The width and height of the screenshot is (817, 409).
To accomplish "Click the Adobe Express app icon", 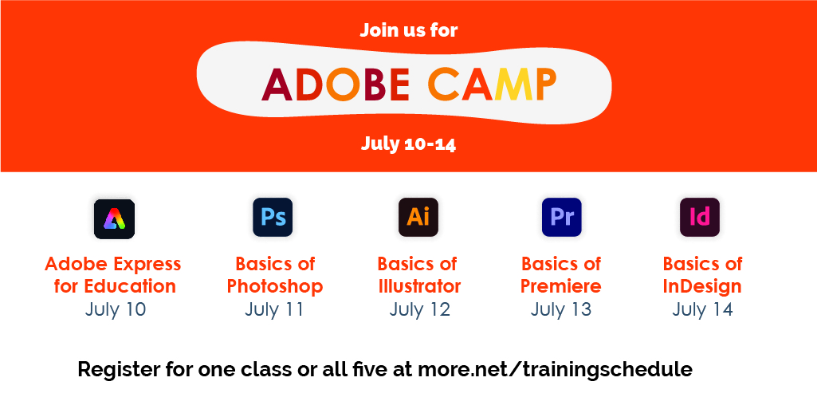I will (x=114, y=218).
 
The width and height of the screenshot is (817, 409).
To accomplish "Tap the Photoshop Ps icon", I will (x=273, y=218).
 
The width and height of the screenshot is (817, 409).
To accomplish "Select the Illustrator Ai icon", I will (x=418, y=218).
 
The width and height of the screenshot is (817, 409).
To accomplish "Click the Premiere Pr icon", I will (x=562, y=218).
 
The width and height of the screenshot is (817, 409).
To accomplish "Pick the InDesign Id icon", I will (x=700, y=218).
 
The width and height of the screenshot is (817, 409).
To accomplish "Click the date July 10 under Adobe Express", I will (x=116, y=309).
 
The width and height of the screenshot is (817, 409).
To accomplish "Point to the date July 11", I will (x=274, y=309).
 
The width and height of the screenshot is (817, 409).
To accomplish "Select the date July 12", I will (x=419, y=309).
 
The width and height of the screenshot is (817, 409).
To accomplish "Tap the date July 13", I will (x=561, y=309).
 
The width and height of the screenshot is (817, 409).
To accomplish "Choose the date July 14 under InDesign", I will (x=702, y=309).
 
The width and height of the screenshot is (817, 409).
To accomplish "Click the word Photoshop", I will (x=275, y=286).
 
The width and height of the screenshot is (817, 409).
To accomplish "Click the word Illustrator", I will (x=419, y=286).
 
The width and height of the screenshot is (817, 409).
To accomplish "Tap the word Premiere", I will (x=561, y=286).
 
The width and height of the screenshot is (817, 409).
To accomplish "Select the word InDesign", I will (x=702, y=286).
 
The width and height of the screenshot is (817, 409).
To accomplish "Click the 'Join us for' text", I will (x=409, y=31).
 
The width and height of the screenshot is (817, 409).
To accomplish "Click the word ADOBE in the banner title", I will (x=336, y=85).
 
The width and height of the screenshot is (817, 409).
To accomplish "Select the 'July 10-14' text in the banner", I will (x=408, y=144).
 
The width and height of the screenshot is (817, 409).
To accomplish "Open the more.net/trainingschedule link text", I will (x=555, y=370).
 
